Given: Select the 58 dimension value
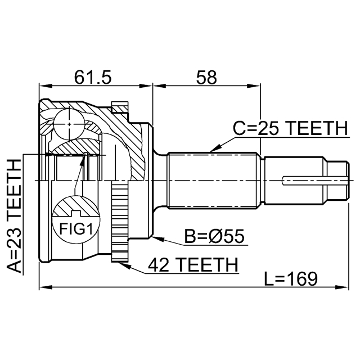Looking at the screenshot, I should pos(206,77).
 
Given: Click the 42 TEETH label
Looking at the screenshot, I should pos(192,264).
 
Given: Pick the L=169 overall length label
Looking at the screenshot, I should pos(290,277).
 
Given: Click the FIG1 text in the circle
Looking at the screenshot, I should pos(75,229).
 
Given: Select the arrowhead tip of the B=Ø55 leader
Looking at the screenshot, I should pos(152,238).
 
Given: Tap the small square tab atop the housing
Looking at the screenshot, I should pos(120,106).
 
